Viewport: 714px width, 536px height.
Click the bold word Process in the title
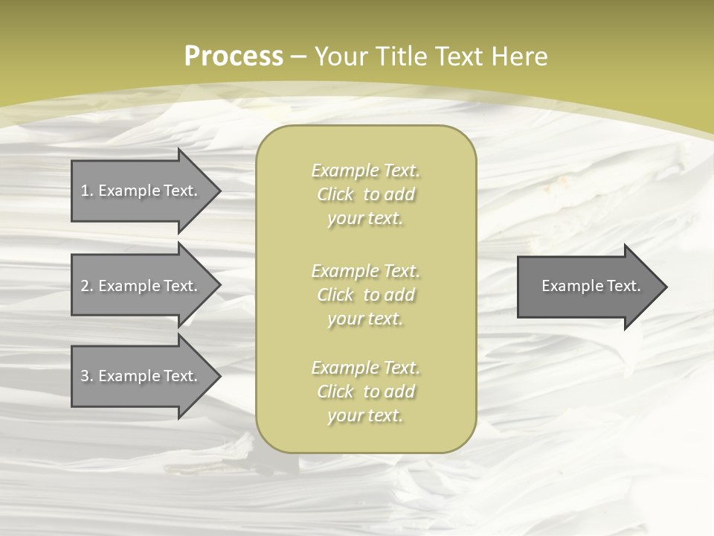234,57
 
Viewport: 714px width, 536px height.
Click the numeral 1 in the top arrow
85,191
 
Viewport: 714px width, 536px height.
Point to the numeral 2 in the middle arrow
85,286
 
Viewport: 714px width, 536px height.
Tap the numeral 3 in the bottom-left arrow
85,376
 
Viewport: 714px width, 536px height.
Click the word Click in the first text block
335,195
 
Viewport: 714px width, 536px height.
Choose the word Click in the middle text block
335,295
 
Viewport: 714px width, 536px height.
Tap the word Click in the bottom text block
335,392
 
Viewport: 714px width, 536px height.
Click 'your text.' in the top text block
365,219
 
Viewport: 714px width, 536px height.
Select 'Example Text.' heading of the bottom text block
365,368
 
